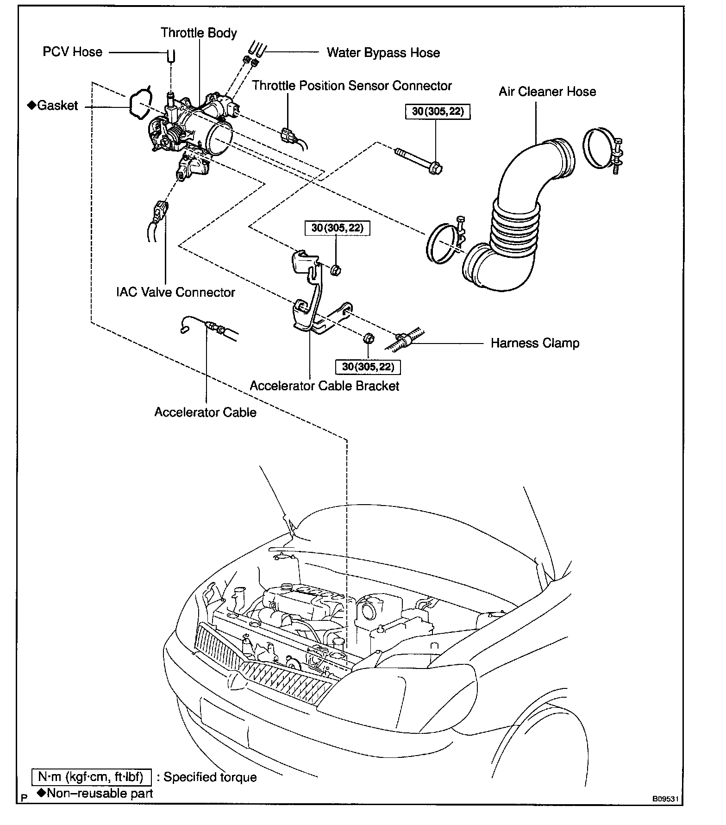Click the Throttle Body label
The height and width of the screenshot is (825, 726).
click(x=199, y=33)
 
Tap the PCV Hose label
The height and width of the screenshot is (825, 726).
click(x=72, y=51)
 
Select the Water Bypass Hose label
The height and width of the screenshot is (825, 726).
click(x=383, y=53)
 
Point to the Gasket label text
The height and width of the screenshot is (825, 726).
click(x=57, y=106)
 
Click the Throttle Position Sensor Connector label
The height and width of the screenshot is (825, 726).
click(x=352, y=86)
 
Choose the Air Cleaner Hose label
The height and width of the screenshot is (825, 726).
click(x=547, y=92)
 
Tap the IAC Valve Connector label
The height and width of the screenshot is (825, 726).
click(x=175, y=292)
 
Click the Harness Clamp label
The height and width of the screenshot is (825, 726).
click(x=535, y=343)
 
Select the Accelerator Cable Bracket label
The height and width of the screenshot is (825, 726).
click(x=324, y=386)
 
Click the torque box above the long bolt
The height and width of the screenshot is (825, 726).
click(x=438, y=112)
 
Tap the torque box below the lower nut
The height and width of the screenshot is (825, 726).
click(x=368, y=367)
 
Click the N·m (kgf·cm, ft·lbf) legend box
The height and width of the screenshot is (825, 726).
click(x=91, y=776)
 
